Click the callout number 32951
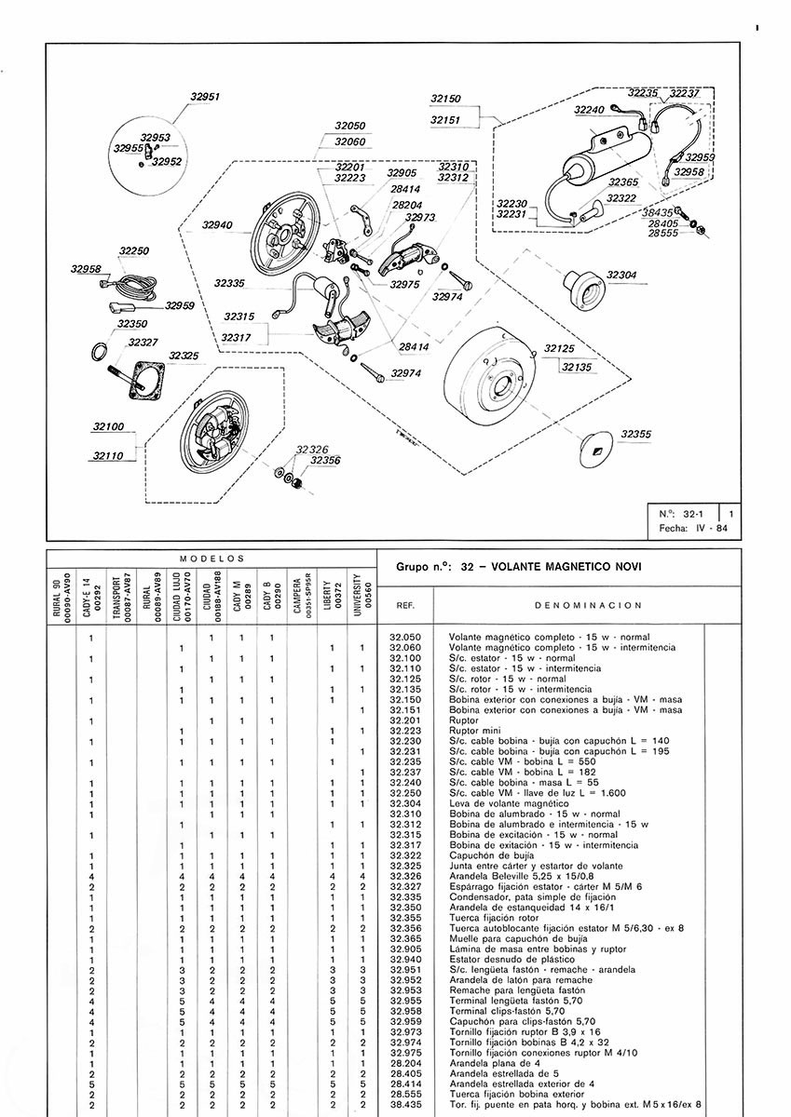(204, 97)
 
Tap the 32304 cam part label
(621, 276)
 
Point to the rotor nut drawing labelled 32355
(594, 447)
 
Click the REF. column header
(405, 605)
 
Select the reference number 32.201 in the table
(405, 720)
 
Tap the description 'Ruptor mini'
(471, 730)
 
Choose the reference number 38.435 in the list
(405, 1105)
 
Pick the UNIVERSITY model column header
(360, 592)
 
